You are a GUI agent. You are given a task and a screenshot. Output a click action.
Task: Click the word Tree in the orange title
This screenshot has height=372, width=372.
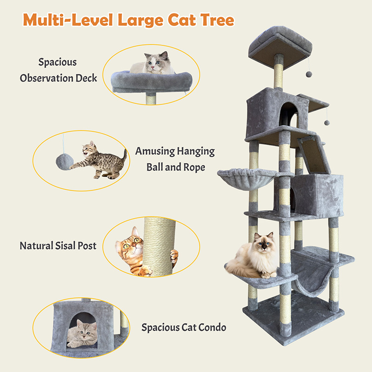217,20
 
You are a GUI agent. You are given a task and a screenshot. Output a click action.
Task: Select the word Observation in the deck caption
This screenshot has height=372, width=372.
47,78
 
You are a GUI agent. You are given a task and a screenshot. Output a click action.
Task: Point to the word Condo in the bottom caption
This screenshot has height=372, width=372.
212,327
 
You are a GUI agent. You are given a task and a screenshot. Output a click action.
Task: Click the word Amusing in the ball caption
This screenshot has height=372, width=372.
155,152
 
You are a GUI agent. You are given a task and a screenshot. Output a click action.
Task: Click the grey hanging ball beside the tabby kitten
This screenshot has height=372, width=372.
65,162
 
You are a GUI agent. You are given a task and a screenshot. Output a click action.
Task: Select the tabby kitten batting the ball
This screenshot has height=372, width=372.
100,160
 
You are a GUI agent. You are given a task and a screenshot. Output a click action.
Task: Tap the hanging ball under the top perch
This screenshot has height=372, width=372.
309,74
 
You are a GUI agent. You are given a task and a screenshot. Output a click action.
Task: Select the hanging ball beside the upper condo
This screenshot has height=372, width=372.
327,123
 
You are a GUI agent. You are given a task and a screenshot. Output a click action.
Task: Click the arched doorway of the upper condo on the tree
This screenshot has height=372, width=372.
288,114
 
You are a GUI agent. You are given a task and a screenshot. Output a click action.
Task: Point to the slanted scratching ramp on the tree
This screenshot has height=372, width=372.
313,154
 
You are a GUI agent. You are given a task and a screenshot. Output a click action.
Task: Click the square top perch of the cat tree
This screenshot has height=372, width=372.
280,47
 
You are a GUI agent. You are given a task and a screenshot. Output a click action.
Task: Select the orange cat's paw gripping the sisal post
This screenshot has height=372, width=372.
173,256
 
